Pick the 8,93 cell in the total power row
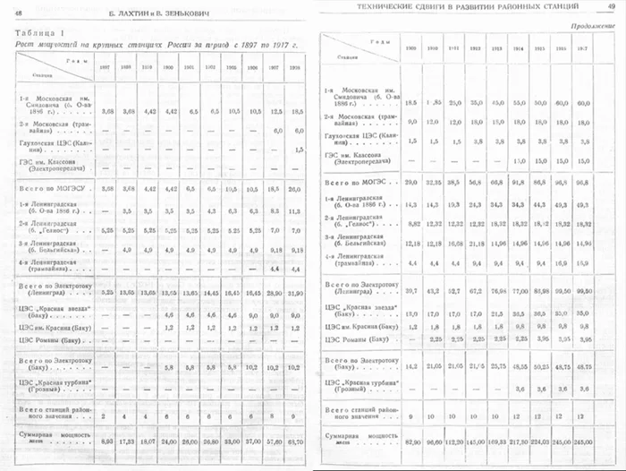point(107,441)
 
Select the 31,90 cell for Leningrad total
point(298,293)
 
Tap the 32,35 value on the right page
point(436,184)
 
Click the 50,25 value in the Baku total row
point(541,366)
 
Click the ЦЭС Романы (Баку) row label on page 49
point(358,339)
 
